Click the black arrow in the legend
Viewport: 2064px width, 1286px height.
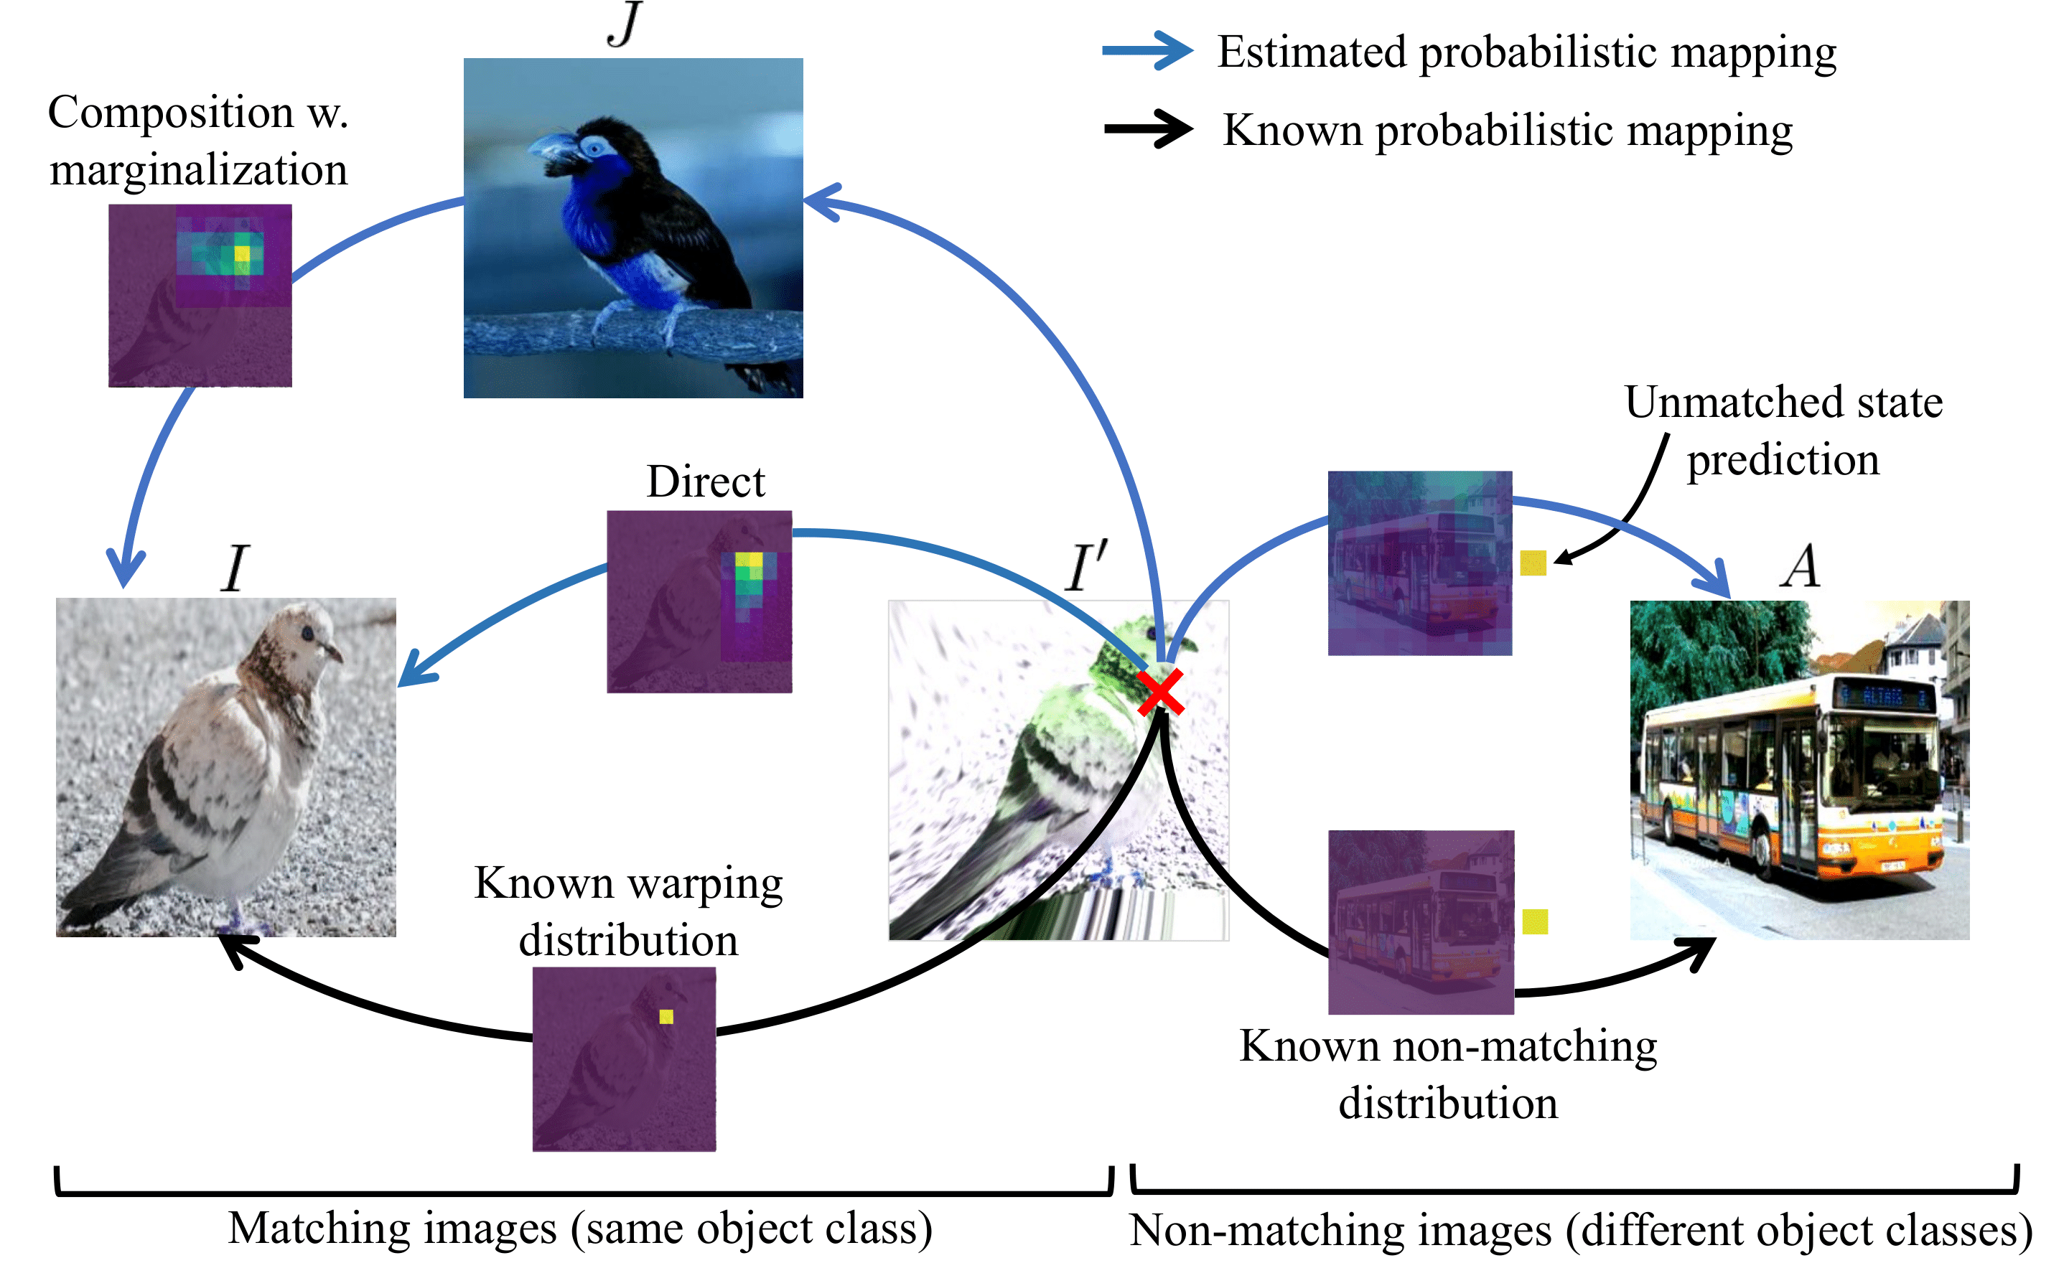1148,129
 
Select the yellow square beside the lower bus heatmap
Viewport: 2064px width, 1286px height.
1535,921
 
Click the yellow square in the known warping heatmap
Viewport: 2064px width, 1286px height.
666,1016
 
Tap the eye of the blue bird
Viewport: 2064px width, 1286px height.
592,147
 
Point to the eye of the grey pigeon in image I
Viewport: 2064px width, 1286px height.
307,634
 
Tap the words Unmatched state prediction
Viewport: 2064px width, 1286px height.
1783,431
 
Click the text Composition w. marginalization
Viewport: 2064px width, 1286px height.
198,141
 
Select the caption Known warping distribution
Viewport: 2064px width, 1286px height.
628,911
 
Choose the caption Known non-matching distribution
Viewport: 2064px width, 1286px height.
1448,1074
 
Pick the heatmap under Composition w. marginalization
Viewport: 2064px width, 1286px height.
200,295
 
